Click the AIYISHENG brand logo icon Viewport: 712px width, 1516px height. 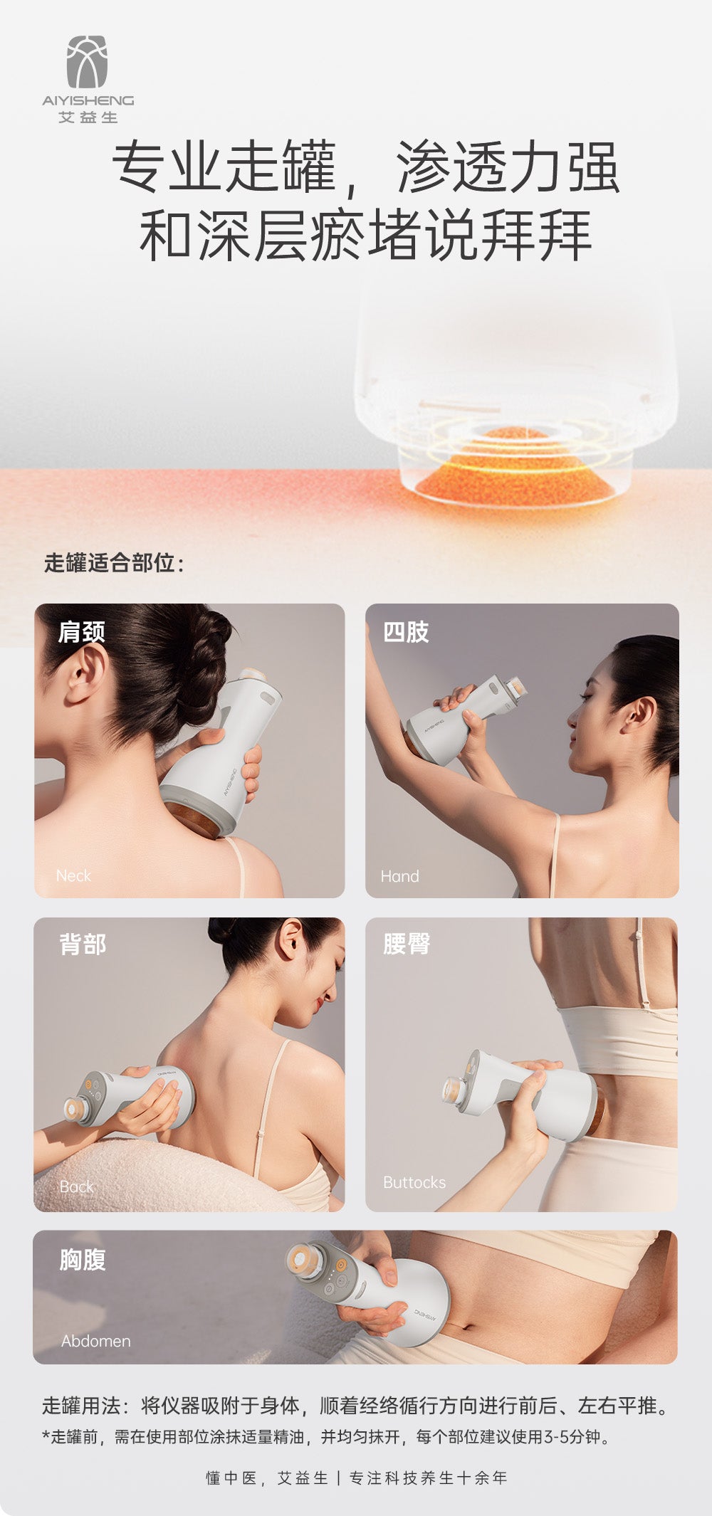coord(87,62)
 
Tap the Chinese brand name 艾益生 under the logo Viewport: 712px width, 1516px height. coord(88,117)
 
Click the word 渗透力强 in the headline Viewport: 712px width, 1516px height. coord(506,168)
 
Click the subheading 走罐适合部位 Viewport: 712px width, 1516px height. coord(114,563)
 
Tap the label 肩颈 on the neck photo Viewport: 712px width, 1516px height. coord(81,632)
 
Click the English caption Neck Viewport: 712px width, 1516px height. coord(73,876)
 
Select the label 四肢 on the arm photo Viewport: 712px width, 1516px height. coord(406,632)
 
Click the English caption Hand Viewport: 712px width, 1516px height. coord(399,876)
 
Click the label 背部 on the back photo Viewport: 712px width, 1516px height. coord(83,944)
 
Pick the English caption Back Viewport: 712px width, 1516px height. coord(76,1186)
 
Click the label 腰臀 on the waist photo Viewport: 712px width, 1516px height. coord(407,944)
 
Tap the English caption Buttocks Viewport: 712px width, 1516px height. coord(414,1182)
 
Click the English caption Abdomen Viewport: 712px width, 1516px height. coord(96,1341)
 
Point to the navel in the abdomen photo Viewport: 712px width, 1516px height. coord(468,1326)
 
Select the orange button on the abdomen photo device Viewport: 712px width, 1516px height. coord(341,1265)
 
